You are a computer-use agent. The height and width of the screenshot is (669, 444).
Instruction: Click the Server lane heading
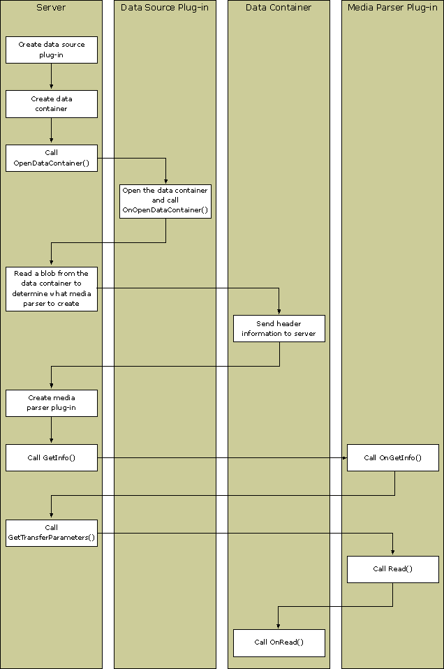click(51, 8)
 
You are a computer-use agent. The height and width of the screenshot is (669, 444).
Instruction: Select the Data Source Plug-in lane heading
click(165, 8)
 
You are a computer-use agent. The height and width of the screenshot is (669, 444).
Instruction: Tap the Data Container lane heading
click(279, 8)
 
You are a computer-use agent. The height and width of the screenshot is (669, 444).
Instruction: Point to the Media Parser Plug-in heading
click(392, 8)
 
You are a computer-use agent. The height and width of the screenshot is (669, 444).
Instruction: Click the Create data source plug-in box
click(52, 50)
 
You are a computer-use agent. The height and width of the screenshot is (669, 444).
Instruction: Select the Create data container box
click(52, 104)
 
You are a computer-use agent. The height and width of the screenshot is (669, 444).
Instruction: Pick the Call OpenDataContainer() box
click(52, 158)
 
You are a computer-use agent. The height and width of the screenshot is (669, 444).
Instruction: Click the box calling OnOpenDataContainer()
click(165, 200)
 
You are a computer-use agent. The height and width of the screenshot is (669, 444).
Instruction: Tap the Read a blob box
click(52, 288)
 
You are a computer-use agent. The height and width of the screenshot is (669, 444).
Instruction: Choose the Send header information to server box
click(279, 328)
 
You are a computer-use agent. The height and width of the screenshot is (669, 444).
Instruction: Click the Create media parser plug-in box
click(52, 403)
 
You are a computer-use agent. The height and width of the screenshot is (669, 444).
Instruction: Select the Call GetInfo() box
click(52, 457)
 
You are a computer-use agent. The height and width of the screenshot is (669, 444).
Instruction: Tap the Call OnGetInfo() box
click(393, 457)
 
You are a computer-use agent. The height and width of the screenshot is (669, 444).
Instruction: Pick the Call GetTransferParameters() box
click(52, 533)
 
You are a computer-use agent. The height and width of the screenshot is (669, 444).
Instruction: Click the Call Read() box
click(393, 569)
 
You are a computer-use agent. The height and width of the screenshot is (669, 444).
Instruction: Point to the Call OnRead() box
click(279, 642)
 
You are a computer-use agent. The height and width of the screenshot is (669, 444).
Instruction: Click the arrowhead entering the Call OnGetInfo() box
click(343, 457)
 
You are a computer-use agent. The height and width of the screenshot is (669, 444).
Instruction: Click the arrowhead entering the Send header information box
click(279, 311)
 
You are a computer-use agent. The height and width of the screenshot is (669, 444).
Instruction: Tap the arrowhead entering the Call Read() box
click(393, 552)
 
